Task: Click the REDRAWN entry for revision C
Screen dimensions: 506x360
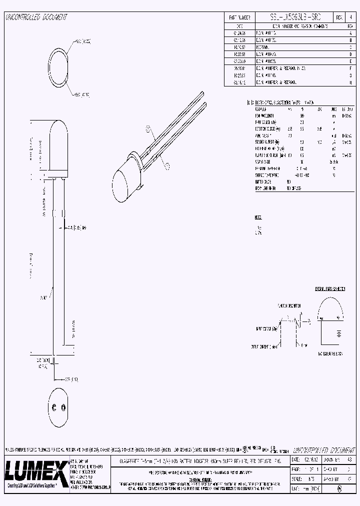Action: tap(264, 49)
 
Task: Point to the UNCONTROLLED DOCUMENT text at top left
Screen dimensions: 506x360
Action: tap(36, 17)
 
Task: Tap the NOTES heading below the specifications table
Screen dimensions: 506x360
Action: tap(258, 217)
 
